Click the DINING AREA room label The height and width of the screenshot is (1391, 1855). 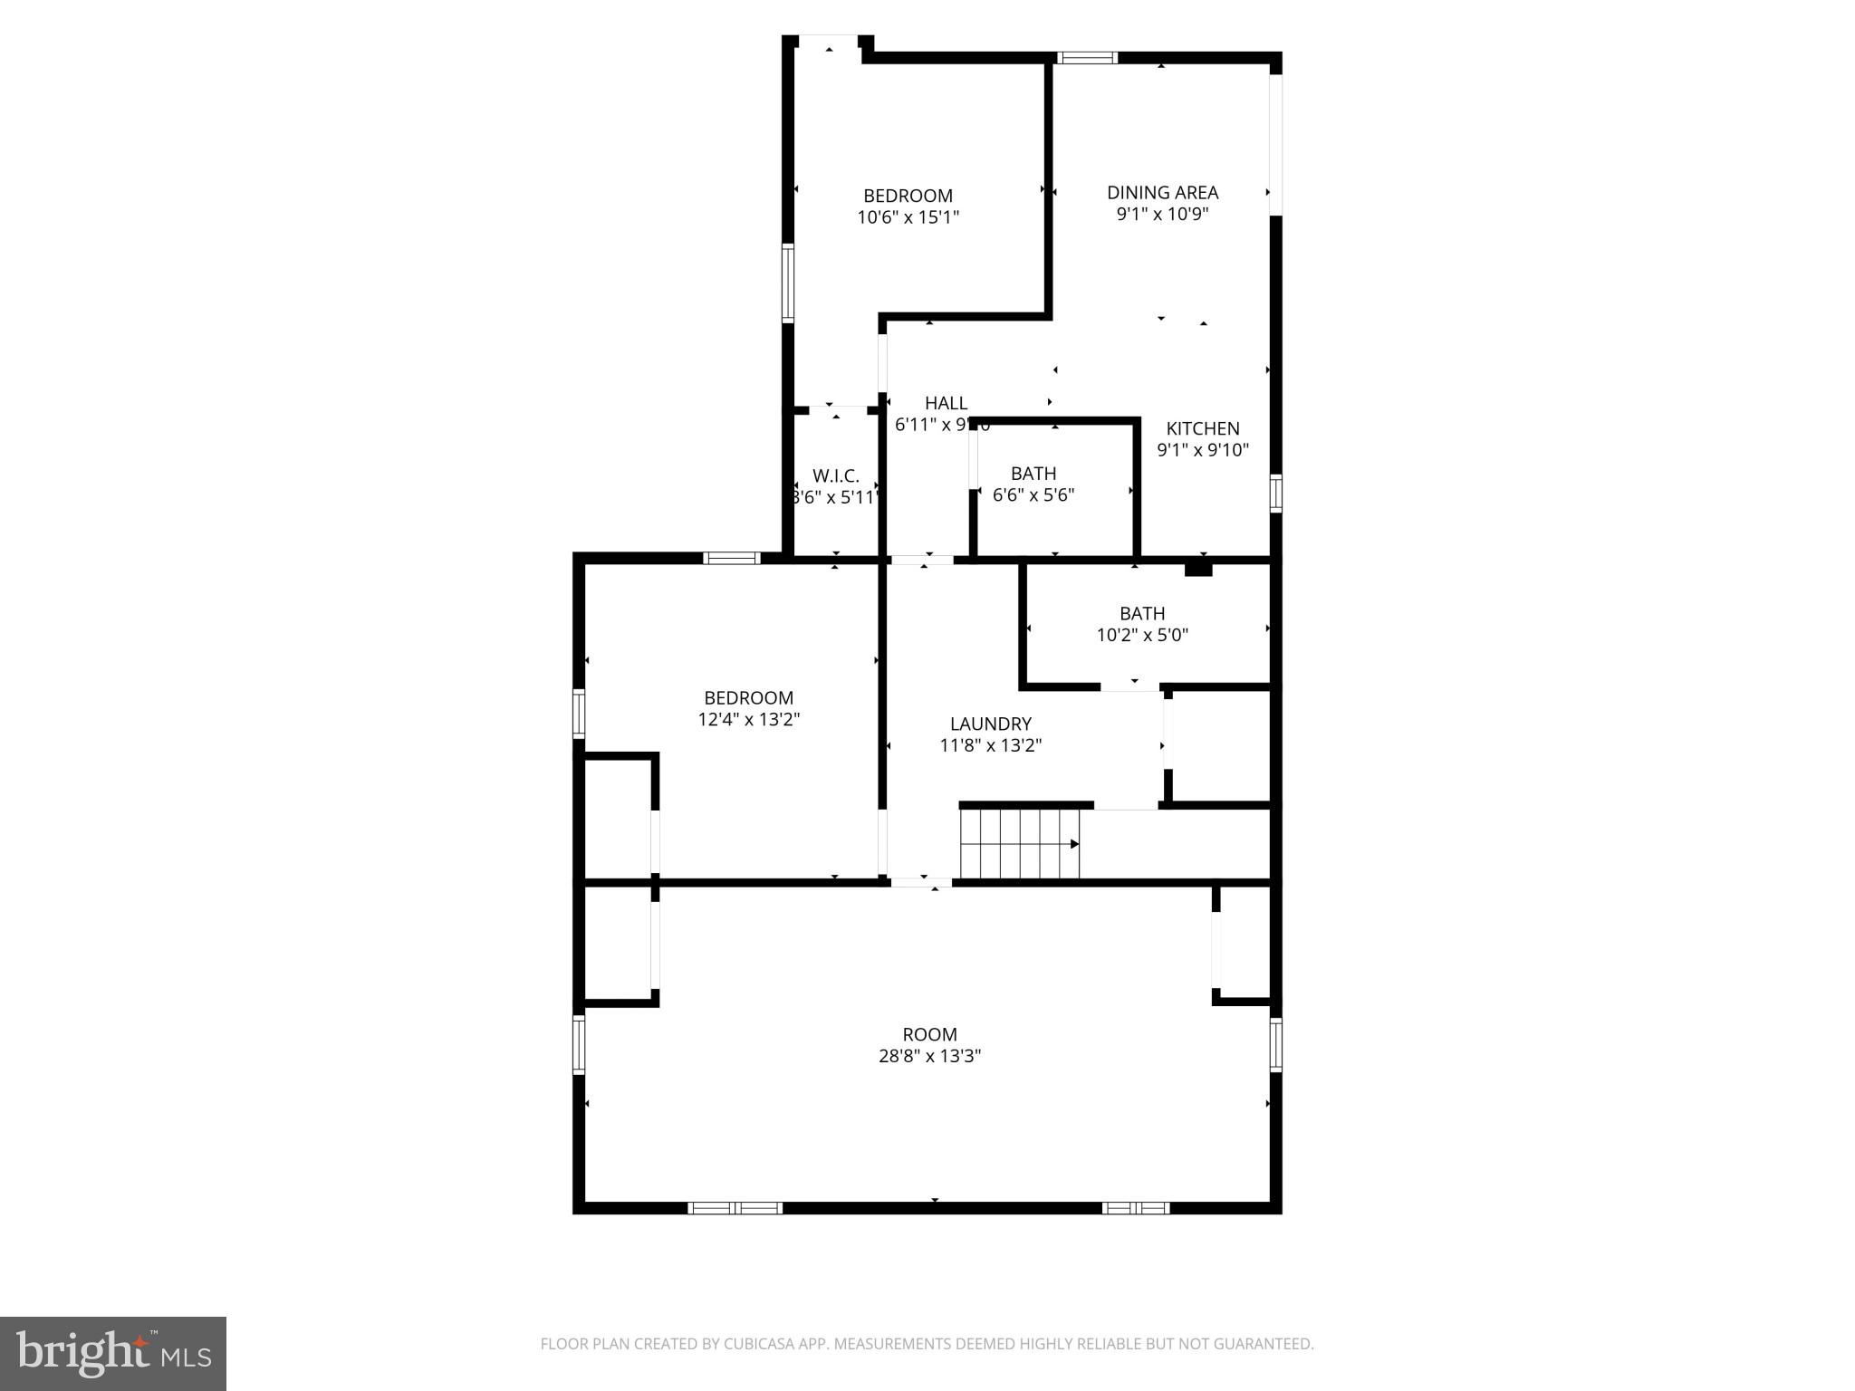[x=1162, y=192]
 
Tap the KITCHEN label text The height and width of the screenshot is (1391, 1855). [x=1202, y=428]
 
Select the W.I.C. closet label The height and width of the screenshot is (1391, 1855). [x=835, y=475]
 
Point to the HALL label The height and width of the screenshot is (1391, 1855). [x=946, y=403]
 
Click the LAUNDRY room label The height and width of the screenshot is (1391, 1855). [x=990, y=724]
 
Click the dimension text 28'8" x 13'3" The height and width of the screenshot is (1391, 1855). [x=929, y=1056]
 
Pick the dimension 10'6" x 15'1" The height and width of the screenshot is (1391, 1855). [x=908, y=217]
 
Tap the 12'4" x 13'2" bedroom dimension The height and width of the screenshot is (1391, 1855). [x=748, y=720]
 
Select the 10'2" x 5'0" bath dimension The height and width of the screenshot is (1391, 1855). [x=1142, y=635]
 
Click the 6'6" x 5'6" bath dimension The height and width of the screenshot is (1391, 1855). [x=1033, y=495]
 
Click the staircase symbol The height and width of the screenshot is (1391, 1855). [x=1020, y=843]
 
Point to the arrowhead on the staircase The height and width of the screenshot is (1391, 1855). [x=1074, y=844]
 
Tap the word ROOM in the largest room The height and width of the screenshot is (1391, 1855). [x=929, y=1034]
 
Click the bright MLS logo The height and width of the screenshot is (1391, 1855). [x=112, y=1354]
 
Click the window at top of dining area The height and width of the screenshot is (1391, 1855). [x=1088, y=58]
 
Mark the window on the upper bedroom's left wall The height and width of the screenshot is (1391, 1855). [x=788, y=283]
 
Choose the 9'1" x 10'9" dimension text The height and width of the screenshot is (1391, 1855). [x=1162, y=215]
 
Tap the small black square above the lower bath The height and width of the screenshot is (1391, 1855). [x=1198, y=569]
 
